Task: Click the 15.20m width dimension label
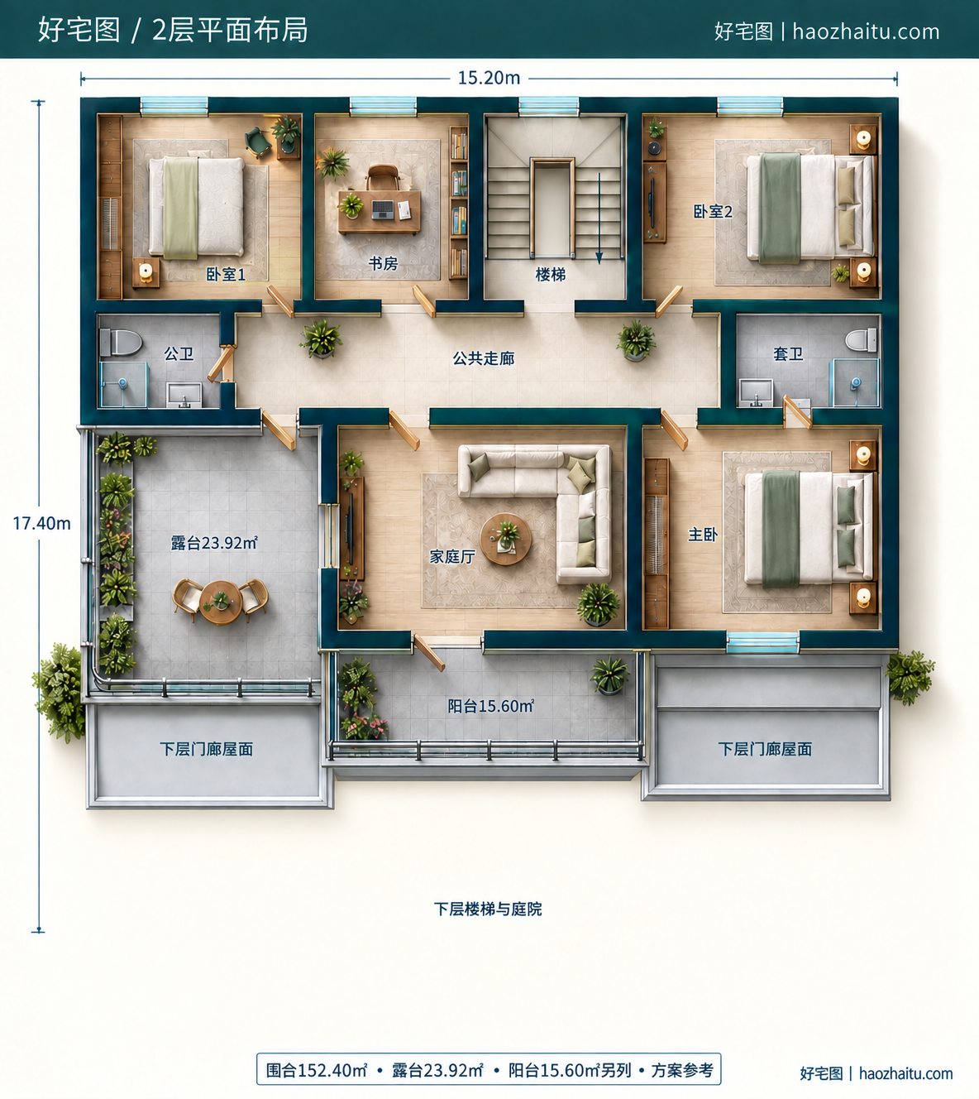[489, 78]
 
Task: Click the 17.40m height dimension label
[41, 523]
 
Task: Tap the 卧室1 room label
[226, 274]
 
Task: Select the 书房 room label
[384, 264]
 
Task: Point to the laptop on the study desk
[383, 209]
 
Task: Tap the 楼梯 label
[550, 275]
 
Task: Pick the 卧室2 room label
[713, 211]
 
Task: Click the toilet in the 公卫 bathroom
[121, 343]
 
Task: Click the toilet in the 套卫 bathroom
[861, 340]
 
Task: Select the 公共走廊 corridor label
[484, 358]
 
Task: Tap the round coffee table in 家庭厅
[506, 539]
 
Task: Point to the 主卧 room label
[703, 535]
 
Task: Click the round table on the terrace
[221, 602]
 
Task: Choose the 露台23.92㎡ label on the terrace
[214, 542]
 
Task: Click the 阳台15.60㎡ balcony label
[490, 706]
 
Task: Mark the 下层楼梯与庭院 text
[488, 909]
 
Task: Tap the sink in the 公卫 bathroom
[184, 395]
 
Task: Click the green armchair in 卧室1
[257, 142]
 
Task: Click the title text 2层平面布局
[230, 30]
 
